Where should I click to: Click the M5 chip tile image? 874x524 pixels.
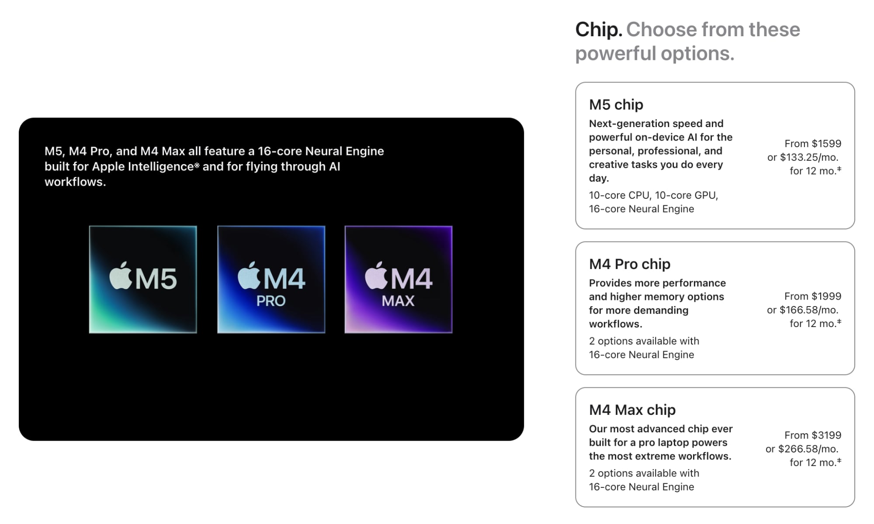pyautogui.click(x=143, y=279)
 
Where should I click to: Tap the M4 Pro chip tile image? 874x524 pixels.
pyautogui.click(x=271, y=279)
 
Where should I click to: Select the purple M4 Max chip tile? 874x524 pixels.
pyautogui.click(x=398, y=279)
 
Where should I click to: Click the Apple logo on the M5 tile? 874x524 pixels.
pyautogui.click(x=121, y=276)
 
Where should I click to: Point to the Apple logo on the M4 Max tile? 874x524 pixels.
pyautogui.click(x=376, y=276)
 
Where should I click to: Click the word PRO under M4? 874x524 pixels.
pyautogui.click(x=271, y=301)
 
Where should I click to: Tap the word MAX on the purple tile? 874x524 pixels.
pyautogui.click(x=398, y=301)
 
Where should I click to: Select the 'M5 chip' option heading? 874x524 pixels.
pyautogui.click(x=616, y=105)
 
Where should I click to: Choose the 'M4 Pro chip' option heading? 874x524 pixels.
pyautogui.click(x=629, y=264)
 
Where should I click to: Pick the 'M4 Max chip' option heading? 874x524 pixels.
pyautogui.click(x=632, y=410)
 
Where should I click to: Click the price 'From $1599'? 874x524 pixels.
pyautogui.click(x=813, y=144)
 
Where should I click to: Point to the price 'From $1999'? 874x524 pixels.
pyautogui.click(x=813, y=296)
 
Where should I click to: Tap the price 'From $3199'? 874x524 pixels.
pyautogui.click(x=813, y=435)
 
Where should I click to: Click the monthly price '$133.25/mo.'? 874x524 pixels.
pyautogui.click(x=809, y=157)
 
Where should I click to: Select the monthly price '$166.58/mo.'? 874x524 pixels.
pyautogui.click(x=809, y=310)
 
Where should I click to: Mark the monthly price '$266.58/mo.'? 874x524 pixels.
pyautogui.click(x=808, y=449)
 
